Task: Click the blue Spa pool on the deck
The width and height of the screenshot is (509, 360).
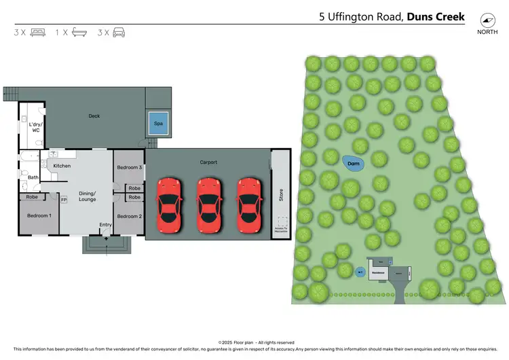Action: [x=158, y=123]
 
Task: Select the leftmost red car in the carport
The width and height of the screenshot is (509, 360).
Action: [x=169, y=204]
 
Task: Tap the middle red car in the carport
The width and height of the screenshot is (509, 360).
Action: [x=208, y=204]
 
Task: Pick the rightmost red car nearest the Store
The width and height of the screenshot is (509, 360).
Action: [x=248, y=204]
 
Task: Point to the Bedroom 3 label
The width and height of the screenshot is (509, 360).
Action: [x=129, y=167]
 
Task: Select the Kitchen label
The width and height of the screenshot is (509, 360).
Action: [x=62, y=166]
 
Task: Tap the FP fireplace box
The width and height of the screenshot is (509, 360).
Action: [x=64, y=200]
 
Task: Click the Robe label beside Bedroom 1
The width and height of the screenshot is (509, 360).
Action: [x=32, y=197]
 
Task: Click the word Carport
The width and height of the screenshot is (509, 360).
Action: [x=208, y=162]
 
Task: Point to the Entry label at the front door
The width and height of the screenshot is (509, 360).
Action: [x=105, y=225]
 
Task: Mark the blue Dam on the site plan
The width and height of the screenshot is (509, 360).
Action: [x=353, y=164]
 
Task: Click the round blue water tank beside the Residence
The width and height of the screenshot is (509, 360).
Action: [x=360, y=272]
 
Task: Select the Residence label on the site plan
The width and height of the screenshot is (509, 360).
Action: [x=378, y=272]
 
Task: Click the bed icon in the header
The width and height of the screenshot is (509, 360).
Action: [x=38, y=32]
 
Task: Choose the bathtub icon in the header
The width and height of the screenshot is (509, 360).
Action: [x=79, y=32]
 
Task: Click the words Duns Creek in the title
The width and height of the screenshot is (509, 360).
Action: [x=436, y=16]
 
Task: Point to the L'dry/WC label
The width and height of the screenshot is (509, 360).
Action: [x=34, y=127]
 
